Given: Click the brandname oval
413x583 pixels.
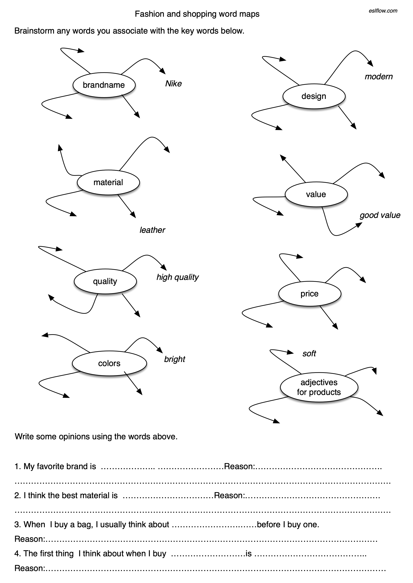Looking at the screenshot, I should pyautogui.click(x=104, y=85).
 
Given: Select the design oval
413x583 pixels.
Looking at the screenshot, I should pyautogui.click(x=314, y=96).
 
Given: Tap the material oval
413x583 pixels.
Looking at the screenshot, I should pyautogui.click(x=108, y=182).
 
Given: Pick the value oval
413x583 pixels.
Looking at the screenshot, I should pyautogui.click(x=316, y=194).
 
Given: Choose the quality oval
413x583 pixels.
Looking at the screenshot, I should pyautogui.click(x=105, y=281).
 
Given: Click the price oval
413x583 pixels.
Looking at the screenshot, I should pyautogui.click(x=309, y=294).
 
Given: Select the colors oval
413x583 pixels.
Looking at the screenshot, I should pyautogui.click(x=109, y=364).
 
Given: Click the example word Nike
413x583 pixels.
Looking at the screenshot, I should pyautogui.click(x=173, y=84).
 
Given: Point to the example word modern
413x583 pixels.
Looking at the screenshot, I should pyautogui.click(x=378, y=77).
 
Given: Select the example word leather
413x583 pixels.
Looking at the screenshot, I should pyautogui.click(x=152, y=230).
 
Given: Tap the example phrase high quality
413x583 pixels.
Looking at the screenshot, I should pyautogui.click(x=177, y=277).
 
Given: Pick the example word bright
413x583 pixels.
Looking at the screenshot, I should pyautogui.click(x=174, y=359).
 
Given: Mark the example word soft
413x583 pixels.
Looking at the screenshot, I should pyautogui.click(x=309, y=353).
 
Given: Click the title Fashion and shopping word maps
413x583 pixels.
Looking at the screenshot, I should pyautogui.click(x=197, y=14).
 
